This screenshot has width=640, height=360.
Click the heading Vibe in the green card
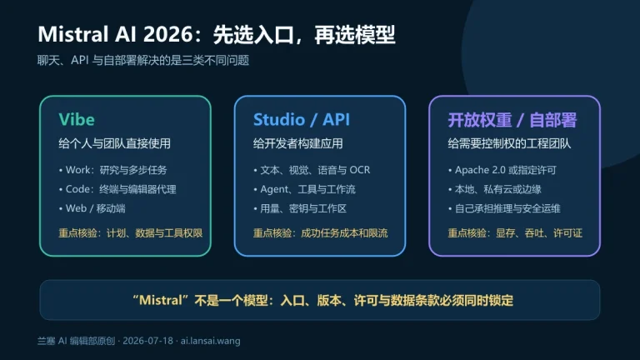pos(77,120)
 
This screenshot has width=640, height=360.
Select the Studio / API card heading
pos(301,120)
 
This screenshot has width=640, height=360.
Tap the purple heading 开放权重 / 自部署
pos(512,120)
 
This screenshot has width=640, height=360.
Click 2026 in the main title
pos(167,34)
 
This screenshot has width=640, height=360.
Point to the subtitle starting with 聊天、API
pos(143,60)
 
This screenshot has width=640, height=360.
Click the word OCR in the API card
pos(360,170)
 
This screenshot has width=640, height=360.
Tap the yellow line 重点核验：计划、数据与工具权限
pos(131,233)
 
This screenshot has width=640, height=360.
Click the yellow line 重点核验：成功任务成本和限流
pos(320,233)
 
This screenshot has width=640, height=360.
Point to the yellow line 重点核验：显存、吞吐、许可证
pos(515,233)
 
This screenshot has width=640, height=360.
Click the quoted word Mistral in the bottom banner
pos(160,300)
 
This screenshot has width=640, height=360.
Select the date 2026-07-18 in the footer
pos(147,341)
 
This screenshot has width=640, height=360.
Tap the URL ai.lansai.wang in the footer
pos(210,341)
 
